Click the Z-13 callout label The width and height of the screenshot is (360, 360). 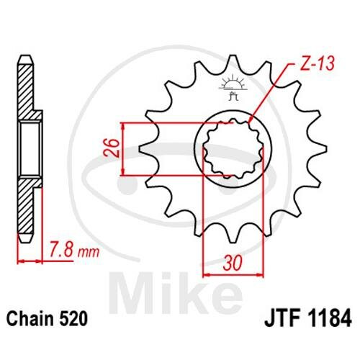click(318, 64)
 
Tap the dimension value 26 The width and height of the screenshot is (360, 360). click(112, 148)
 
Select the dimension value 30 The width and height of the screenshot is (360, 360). click(233, 263)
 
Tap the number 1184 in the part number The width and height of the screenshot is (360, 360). click(329, 318)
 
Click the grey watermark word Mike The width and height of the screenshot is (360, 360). click(176, 292)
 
